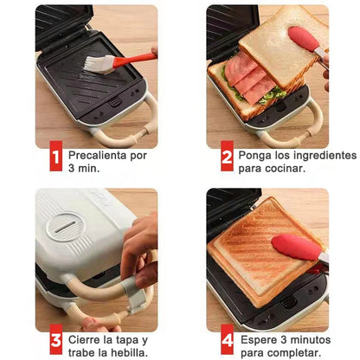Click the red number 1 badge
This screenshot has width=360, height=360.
[x=55, y=158]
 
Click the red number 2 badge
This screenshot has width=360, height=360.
[x=227, y=158]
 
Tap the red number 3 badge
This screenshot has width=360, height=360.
[x=55, y=341]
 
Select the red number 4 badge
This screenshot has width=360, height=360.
[x=227, y=341]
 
